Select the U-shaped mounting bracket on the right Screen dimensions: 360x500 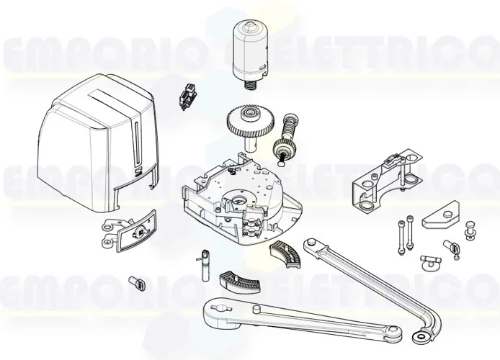pyautogui.click(x=383, y=180)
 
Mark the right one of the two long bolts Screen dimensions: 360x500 pyautogui.click(x=409, y=235)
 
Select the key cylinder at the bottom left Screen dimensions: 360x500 pyautogui.click(x=136, y=283)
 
